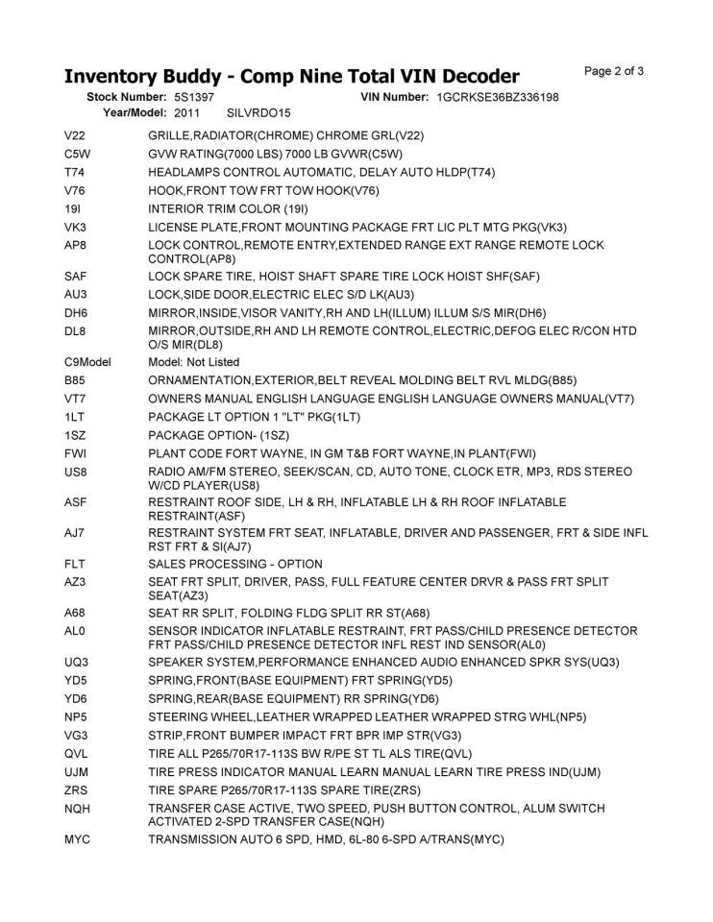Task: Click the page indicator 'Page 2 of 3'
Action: [613, 71]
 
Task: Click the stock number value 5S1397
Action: [194, 98]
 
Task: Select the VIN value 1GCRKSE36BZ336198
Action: [497, 98]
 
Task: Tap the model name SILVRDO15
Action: [258, 113]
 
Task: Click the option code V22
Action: [75, 135]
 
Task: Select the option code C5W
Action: [77, 154]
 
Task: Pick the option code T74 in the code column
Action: [75, 172]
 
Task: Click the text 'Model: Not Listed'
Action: [194, 362]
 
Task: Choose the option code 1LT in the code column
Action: [75, 417]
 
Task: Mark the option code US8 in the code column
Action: [76, 472]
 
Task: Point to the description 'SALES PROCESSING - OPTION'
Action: [235, 564]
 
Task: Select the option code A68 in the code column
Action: [75, 613]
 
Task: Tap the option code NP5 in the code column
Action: [76, 716]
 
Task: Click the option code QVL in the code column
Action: [76, 753]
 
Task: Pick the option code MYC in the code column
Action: [77, 839]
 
